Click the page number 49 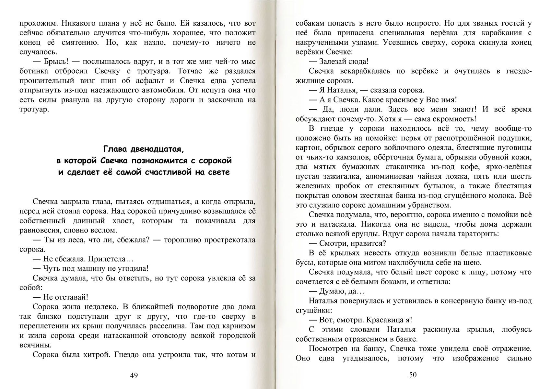click(134, 375)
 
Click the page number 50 click(413, 375)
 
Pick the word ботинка click(31, 71)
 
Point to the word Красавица click(384, 320)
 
